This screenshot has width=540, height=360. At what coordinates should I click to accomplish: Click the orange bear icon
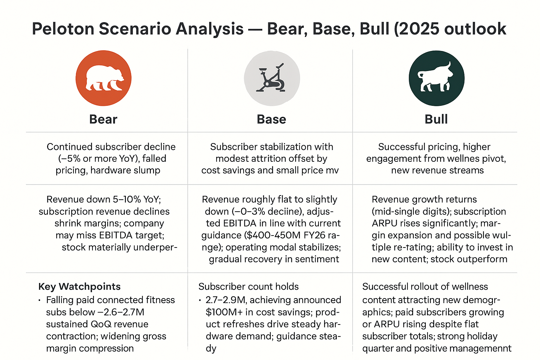[x=103, y=78]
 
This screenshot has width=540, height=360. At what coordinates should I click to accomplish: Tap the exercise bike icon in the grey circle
[x=272, y=78]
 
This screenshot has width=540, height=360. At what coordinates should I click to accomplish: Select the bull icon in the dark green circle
[x=436, y=78]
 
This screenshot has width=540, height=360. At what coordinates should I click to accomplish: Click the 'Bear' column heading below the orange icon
[x=103, y=119]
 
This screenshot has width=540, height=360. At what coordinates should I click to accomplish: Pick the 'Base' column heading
[x=271, y=119]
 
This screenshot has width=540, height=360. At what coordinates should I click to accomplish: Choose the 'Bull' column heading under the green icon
[x=436, y=119]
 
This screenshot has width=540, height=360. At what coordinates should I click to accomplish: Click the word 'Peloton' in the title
[x=64, y=29]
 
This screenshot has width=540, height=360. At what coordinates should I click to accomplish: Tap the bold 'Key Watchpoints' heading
[x=79, y=287]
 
